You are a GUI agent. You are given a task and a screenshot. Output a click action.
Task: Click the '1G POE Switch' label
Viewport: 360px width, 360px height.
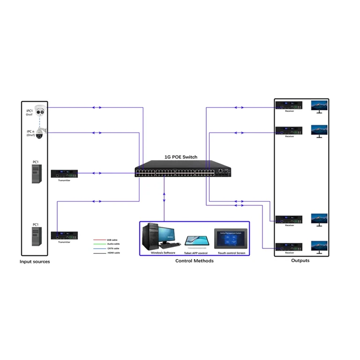click(180, 157)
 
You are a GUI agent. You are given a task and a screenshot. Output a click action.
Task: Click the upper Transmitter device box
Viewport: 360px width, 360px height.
click(64, 173)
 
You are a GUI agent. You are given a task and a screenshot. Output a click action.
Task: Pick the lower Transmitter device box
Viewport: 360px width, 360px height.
click(64, 236)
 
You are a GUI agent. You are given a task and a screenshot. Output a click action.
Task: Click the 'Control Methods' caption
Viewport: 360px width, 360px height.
click(194, 261)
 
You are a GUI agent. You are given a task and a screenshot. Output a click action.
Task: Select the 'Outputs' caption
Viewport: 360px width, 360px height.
click(300, 261)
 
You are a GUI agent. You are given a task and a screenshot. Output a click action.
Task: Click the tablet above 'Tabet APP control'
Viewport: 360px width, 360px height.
click(196, 241)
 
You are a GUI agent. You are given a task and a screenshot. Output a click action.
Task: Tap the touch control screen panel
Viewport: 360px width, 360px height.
click(230, 240)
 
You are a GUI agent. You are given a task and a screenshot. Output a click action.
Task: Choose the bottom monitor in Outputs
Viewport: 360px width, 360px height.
click(320, 246)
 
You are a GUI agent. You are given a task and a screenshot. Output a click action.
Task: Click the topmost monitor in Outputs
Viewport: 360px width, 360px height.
click(320, 105)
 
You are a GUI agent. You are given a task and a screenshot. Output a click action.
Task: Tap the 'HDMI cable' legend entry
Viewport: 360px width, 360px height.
click(113, 253)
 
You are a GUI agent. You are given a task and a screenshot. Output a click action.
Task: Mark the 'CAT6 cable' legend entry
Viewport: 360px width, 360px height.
click(113, 248)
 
